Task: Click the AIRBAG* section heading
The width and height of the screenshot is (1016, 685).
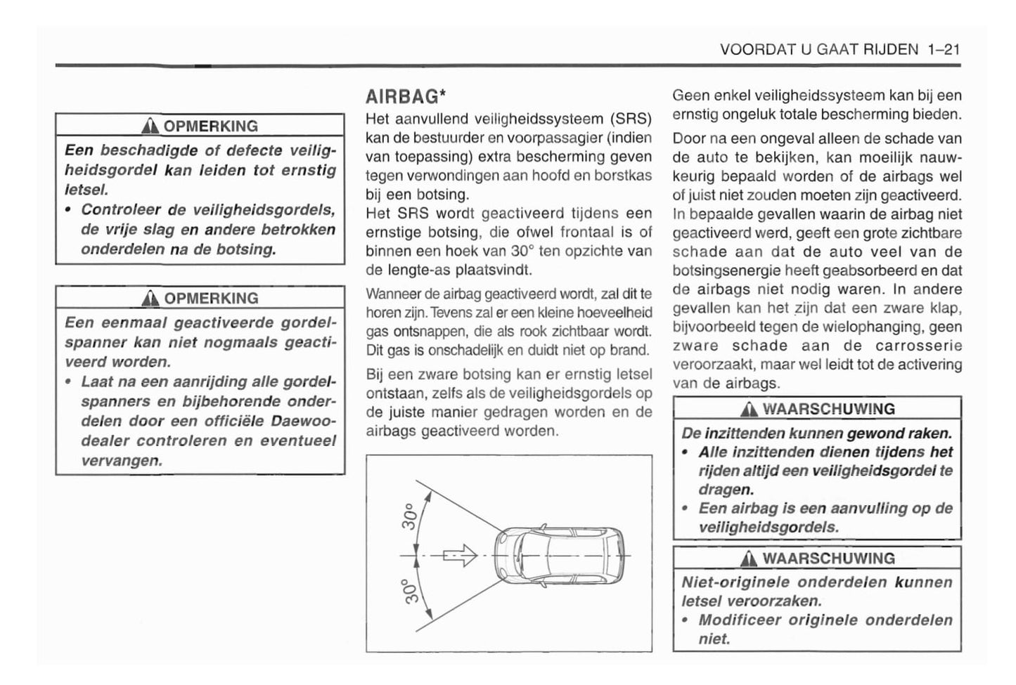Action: (x=406, y=96)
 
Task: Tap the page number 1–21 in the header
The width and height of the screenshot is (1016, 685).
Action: (x=943, y=49)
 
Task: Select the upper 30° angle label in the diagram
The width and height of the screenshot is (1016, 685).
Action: (x=411, y=517)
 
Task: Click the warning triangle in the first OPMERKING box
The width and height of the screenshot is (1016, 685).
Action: (x=149, y=126)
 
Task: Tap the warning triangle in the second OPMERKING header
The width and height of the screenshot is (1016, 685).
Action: (x=149, y=299)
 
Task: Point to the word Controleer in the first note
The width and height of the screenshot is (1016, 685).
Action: (x=124, y=210)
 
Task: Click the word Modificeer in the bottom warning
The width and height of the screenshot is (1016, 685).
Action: (x=738, y=620)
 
